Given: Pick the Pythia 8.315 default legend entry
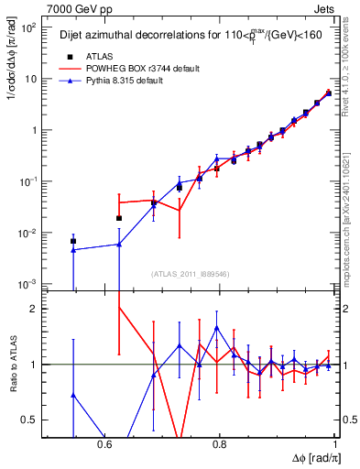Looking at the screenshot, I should click(x=128, y=82).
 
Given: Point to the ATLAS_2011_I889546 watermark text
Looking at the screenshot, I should click(x=191, y=273).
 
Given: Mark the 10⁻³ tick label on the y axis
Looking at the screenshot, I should click(x=27, y=284).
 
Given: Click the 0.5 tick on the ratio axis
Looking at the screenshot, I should click(x=29, y=420).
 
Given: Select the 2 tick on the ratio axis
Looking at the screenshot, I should click(x=33, y=309).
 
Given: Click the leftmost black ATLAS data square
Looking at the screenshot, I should click(x=73, y=241).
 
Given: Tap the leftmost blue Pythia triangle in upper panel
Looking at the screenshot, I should click(x=73, y=249).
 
